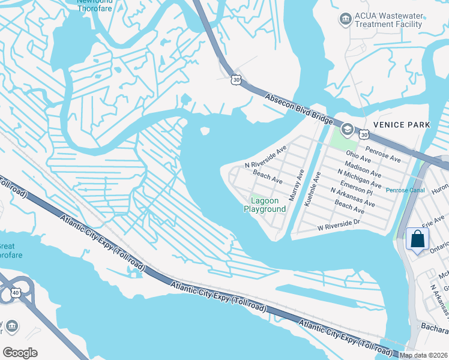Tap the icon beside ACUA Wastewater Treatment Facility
(345, 19)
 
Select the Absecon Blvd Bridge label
(299, 109)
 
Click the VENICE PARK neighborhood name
(402, 124)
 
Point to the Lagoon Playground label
(265, 205)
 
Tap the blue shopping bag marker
(417, 239)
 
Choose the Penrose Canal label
(405, 190)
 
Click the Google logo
(20, 353)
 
